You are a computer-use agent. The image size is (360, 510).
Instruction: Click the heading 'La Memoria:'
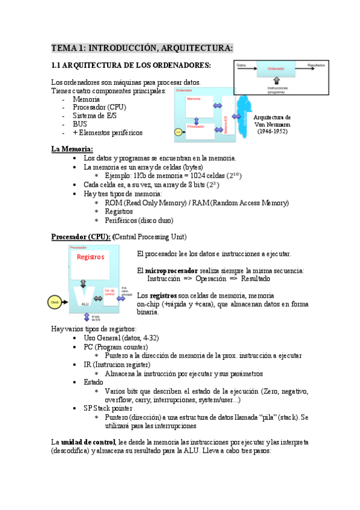tap(72, 149)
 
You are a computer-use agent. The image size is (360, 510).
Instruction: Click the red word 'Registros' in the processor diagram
tap(90, 257)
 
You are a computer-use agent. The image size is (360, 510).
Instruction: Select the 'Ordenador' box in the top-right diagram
tap(275, 69)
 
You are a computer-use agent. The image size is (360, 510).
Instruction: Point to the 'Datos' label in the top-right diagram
tap(241, 64)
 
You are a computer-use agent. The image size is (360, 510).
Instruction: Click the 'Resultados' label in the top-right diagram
tap(316, 64)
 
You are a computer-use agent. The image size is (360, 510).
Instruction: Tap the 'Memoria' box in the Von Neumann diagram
tap(194, 99)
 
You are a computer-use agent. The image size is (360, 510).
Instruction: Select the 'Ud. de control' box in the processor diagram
tap(110, 292)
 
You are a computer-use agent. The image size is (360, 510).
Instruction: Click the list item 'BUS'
tap(80, 124)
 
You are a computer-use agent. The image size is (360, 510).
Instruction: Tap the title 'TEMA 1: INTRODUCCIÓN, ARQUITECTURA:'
tap(142, 48)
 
